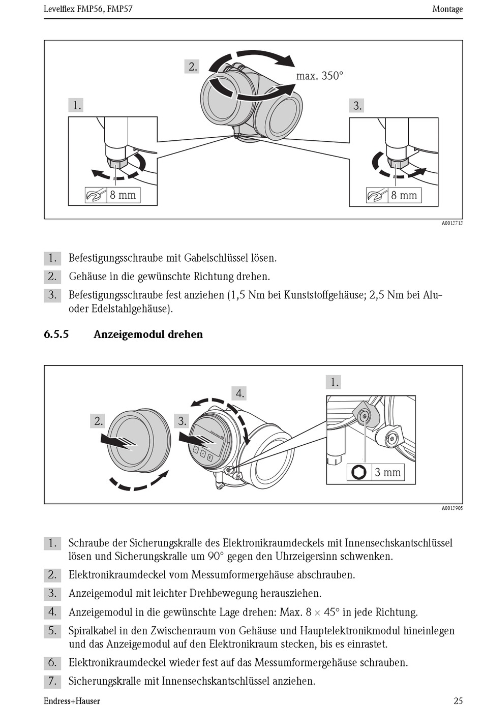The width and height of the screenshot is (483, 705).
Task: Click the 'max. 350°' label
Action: pyautogui.click(x=319, y=76)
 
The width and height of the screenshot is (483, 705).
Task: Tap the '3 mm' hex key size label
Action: pyautogui.click(x=387, y=472)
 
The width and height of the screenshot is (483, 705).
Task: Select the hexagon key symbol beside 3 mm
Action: pyautogui.click(x=359, y=472)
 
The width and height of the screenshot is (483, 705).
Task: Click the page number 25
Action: pyautogui.click(x=458, y=700)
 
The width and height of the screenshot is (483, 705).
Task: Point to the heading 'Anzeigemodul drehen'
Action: pyautogui.click(x=148, y=334)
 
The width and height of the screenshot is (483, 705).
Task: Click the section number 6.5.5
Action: pyautogui.click(x=56, y=334)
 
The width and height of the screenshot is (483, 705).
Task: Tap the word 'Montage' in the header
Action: pyautogui.click(x=447, y=9)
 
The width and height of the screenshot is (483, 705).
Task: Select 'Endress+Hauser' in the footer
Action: pyautogui.click(x=72, y=701)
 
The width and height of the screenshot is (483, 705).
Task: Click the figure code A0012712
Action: pyautogui.click(x=452, y=223)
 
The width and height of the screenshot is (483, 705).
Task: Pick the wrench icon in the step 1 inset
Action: pyautogui.click(x=96, y=195)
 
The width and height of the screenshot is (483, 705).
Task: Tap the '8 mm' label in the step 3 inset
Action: pyautogui.click(x=404, y=195)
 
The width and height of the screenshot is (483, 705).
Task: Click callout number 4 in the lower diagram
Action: pyautogui.click(x=239, y=393)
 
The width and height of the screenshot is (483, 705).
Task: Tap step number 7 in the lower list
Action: pyautogui.click(x=52, y=681)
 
